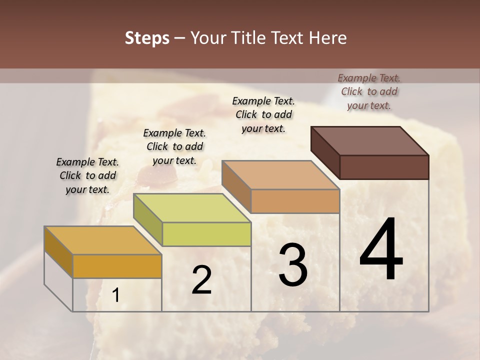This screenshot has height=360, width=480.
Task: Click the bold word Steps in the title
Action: point(147,38)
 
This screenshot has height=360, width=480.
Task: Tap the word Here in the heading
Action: point(328,38)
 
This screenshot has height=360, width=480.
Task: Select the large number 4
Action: point(381,250)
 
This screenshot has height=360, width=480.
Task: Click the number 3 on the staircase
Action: point(293,265)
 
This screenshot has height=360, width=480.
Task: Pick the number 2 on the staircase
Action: point(201,280)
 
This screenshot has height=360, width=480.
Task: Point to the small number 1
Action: point(115,295)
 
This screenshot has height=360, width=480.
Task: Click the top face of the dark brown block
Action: point(370,140)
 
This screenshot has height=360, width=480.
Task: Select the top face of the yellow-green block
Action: point(192,208)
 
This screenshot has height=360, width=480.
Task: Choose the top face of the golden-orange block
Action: point(103,240)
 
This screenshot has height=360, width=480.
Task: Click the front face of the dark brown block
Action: point(384,167)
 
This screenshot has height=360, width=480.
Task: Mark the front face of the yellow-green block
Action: point(206,234)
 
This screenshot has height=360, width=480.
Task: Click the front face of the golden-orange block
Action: point(117,266)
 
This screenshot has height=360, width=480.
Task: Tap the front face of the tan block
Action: point(295,201)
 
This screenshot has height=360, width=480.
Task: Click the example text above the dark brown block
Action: point(369,91)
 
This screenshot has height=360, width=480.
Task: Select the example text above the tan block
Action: point(263,114)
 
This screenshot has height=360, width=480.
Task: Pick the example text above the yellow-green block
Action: point(174,146)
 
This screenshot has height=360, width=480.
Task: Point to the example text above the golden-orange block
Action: point(87,175)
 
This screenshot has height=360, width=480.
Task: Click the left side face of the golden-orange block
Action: point(58,251)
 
